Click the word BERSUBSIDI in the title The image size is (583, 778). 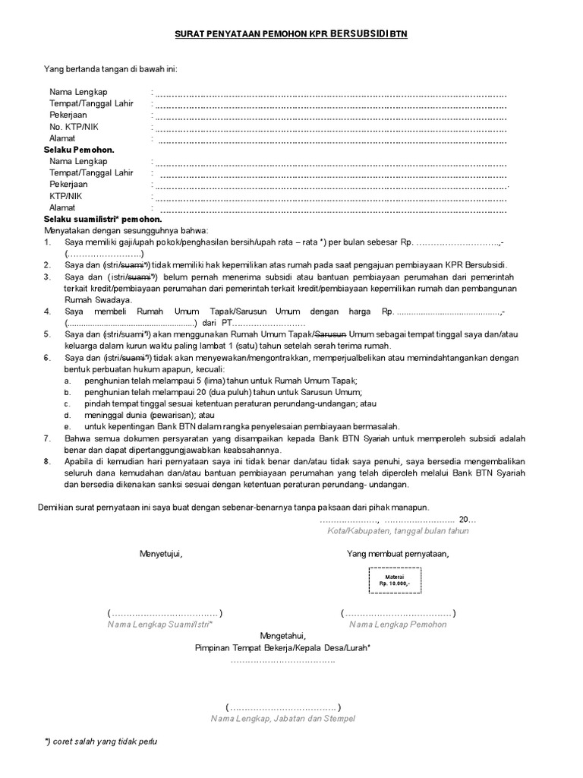coord(358,34)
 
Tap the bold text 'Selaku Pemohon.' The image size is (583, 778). coord(79,150)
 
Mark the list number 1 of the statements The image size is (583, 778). coord(47,242)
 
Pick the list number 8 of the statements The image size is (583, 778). coord(47,461)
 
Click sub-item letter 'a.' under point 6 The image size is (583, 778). coord(68,380)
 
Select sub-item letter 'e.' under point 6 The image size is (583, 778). coord(68,427)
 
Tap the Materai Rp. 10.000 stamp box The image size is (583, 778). coord(395,580)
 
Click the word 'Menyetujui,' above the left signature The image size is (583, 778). coord(161,553)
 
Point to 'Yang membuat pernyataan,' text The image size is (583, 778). coord(398,553)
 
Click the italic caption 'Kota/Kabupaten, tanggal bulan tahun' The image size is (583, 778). coord(398,531)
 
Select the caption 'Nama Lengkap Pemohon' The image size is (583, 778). coord(398,625)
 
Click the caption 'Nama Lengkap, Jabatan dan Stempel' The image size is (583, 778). coord(282,718)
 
